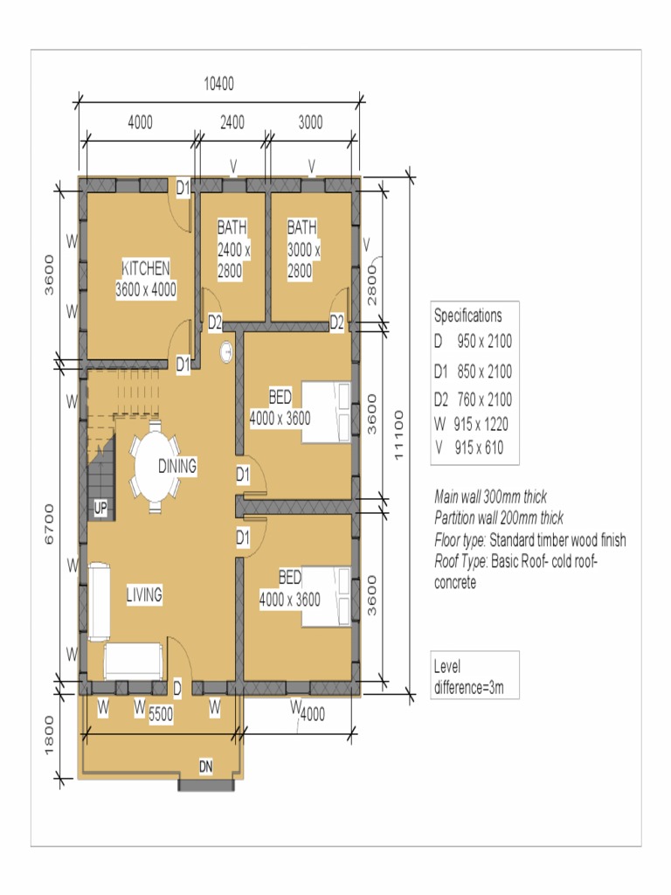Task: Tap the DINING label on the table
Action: point(177,466)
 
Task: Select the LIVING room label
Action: point(144,595)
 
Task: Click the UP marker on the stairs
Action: point(100,509)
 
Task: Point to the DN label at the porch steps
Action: point(206,767)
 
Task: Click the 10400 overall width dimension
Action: point(218,85)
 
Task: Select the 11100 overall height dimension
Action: point(400,434)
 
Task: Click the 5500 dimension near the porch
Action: point(161,714)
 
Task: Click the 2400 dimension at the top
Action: point(232,122)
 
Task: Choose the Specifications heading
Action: point(468,316)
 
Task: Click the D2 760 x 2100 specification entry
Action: point(474,399)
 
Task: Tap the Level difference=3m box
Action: point(474,676)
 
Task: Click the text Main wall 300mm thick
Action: point(490,496)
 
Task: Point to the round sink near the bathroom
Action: point(226,350)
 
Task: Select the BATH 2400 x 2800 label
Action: point(233,249)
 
